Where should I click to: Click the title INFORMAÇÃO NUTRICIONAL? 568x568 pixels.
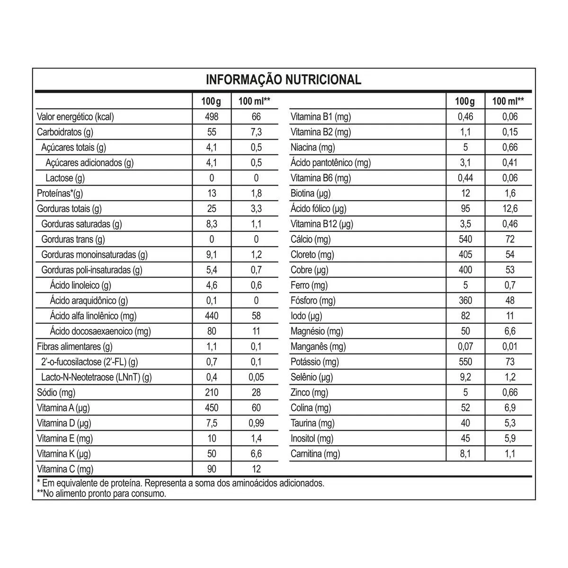tap(283, 80)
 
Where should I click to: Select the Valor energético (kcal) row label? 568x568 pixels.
tap(75, 117)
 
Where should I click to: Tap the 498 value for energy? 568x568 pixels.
tap(212, 117)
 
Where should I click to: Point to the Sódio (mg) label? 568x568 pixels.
tap(56, 392)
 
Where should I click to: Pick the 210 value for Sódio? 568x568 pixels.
tap(212, 392)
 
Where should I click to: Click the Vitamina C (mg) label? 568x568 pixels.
tap(65, 469)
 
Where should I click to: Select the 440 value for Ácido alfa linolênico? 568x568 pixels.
tap(212, 316)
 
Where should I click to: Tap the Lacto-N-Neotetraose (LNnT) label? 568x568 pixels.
tap(97, 377)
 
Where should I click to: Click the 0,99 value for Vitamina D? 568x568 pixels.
tap(256, 423)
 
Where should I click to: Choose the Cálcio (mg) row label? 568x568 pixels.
tap(311, 239)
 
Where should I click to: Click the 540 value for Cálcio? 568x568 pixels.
tap(465, 239)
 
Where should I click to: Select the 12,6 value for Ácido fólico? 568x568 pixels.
tap(510, 209)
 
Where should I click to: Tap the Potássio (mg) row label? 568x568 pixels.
tap(315, 362)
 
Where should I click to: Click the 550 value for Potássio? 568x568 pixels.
tap(465, 362)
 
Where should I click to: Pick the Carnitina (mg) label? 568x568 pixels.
tap(315, 454)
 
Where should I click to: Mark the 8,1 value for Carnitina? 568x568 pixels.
tap(465, 454)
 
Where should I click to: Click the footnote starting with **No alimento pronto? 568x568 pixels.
tap(101, 494)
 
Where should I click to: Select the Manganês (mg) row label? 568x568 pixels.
tap(318, 346)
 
